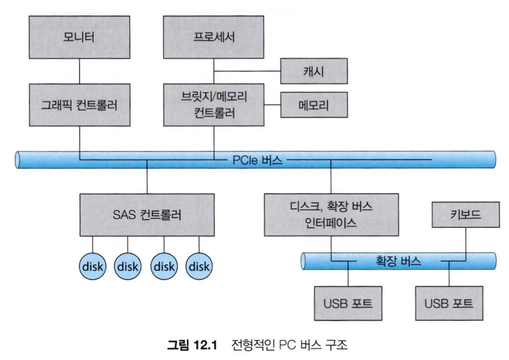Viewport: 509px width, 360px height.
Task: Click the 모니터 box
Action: click(x=79, y=37)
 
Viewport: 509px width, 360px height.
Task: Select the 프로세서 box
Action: click(x=213, y=37)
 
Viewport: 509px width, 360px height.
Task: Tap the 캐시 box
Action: click(x=314, y=71)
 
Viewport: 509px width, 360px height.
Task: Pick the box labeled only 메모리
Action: click(x=314, y=105)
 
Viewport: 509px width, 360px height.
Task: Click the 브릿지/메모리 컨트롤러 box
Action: click(x=213, y=105)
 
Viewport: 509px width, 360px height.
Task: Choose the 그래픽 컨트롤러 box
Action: click(x=79, y=105)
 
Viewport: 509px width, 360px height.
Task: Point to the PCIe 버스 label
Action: click(x=257, y=160)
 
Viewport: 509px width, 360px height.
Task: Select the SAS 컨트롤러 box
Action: click(x=147, y=215)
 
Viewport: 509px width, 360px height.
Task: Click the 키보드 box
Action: click(x=465, y=215)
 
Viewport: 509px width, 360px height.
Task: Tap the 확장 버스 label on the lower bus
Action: click(x=398, y=260)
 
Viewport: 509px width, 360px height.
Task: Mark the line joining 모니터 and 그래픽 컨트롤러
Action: click(x=79, y=71)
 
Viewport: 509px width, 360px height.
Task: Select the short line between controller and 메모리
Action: click(x=272, y=105)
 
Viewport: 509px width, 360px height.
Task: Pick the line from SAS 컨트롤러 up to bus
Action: click(x=147, y=177)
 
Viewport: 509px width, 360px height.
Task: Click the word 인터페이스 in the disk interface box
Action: click(x=331, y=223)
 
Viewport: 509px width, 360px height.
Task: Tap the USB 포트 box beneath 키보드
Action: click(x=449, y=303)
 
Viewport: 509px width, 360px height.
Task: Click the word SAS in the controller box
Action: click(x=123, y=215)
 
